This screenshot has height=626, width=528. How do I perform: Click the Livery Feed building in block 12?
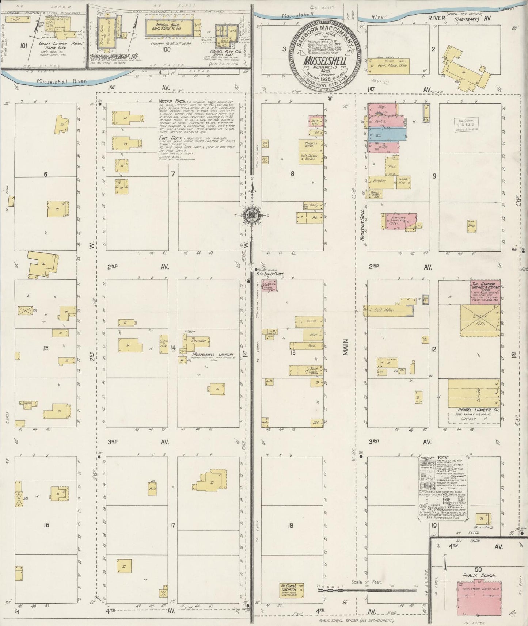pyautogui.click(x=480, y=321)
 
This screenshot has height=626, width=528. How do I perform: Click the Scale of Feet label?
pyautogui.click(x=366, y=582)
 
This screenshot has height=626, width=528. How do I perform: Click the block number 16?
pyautogui.click(x=46, y=525)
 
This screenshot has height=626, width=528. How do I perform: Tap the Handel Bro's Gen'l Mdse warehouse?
pyautogui.click(x=169, y=26)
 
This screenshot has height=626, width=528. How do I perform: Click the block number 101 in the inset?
pyautogui.click(x=24, y=46)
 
